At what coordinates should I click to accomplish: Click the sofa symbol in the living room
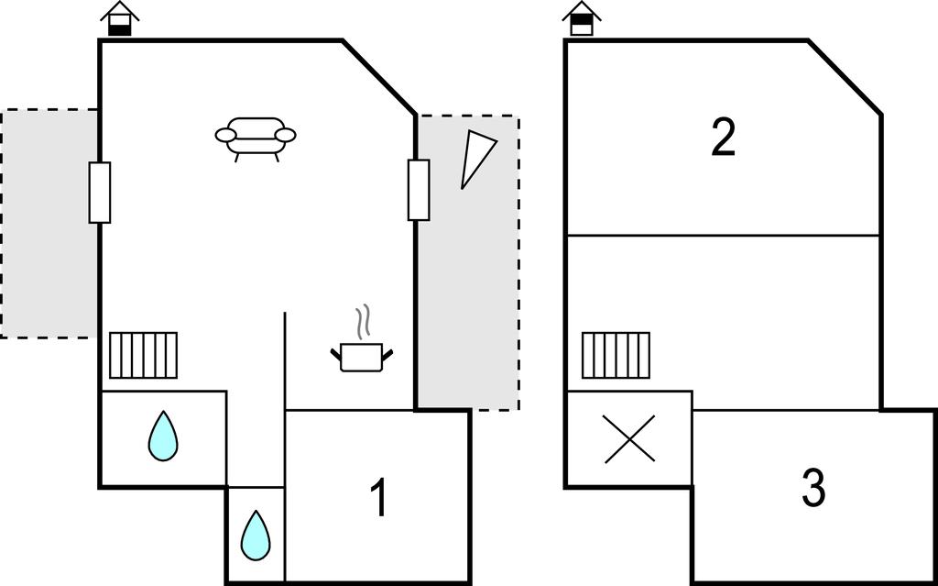tap(256, 137)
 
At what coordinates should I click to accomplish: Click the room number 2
tap(724, 138)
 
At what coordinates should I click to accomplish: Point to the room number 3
tap(813, 489)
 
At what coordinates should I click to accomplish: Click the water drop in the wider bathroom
tap(163, 437)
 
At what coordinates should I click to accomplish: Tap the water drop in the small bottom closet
tap(256, 535)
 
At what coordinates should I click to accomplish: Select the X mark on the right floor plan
tap(630, 438)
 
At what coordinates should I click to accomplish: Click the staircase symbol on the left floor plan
tap(143, 355)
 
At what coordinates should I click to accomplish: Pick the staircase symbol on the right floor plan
tap(616, 355)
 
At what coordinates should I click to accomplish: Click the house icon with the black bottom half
tap(120, 19)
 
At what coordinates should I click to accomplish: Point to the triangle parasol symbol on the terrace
tap(475, 155)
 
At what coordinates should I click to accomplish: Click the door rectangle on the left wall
tap(100, 193)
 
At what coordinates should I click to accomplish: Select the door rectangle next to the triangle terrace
tap(419, 190)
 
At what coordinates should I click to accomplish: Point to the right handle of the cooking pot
tap(389, 353)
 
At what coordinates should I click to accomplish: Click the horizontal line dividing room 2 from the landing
tap(724, 236)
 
